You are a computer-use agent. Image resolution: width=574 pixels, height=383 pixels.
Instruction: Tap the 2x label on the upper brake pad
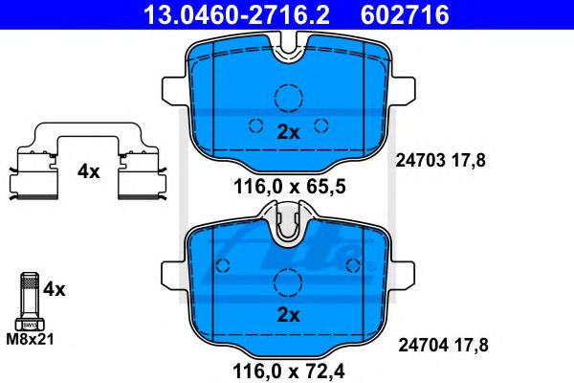tap(288, 133)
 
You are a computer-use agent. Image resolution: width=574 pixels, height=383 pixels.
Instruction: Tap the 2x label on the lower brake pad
tap(288, 314)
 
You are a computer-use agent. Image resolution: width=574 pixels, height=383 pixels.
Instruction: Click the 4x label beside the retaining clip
tap(89, 172)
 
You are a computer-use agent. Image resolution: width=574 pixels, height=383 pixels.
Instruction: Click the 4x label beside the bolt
tap(55, 287)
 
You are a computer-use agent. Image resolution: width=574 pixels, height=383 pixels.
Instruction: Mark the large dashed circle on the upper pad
tap(288, 99)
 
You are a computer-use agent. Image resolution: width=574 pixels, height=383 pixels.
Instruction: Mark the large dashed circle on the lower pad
tap(288, 281)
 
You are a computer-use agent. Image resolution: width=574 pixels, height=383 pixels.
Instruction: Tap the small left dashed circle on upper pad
tap(254, 124)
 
